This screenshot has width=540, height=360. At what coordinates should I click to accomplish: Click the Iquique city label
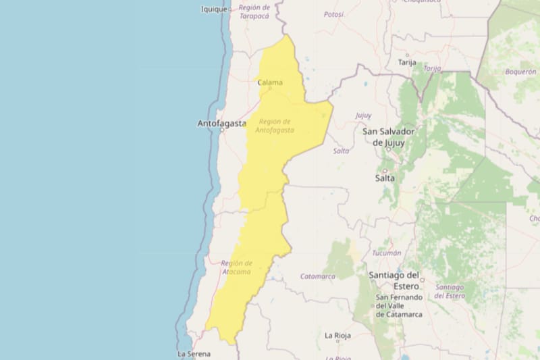[214, 9]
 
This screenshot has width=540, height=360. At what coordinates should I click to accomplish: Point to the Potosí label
[333, 14]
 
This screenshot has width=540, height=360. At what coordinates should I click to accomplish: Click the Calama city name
[270, 82]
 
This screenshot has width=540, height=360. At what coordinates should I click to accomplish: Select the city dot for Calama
[270, 88]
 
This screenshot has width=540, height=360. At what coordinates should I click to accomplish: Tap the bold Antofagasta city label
[220, 123]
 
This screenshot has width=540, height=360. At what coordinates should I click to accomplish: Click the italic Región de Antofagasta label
[275, 125]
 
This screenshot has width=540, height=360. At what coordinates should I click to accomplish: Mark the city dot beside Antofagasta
[221, 130]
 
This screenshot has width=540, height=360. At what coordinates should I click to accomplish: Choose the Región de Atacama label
[236, 267]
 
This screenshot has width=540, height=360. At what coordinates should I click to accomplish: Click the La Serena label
[194, 353]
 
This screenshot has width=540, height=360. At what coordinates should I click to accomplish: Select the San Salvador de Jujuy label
[389, 136]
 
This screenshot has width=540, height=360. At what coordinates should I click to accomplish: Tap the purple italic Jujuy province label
[363, 115]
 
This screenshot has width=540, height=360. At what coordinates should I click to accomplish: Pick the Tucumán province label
[387, 253]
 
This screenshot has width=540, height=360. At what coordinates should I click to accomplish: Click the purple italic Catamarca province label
[317, 276]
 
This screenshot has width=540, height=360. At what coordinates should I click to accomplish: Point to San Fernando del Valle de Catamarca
[399, 305]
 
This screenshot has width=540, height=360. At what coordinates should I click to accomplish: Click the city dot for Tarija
[407, 55]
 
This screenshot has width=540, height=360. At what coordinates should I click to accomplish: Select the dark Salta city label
[385, 178]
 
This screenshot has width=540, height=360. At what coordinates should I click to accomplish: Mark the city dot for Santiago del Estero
[422, 279]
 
